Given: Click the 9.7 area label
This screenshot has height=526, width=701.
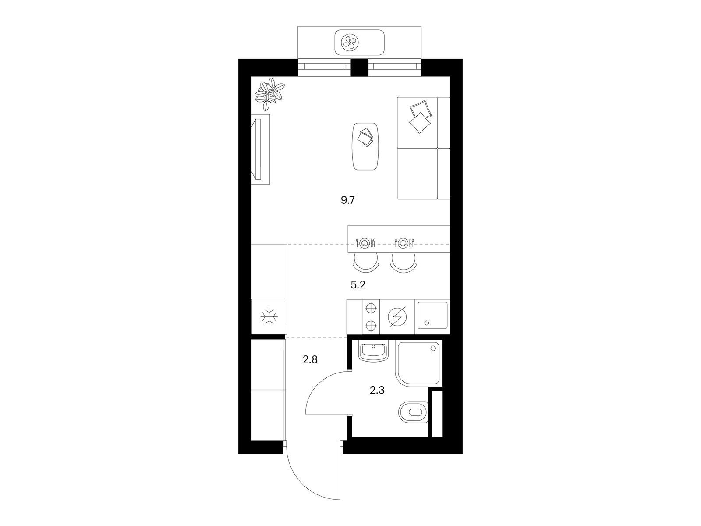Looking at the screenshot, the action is (348, 200).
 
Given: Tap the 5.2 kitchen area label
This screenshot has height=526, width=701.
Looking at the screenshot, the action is (358, 284).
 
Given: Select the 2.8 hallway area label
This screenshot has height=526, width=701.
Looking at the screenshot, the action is (310, 359).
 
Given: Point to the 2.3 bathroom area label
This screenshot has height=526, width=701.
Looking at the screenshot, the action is (377, 390).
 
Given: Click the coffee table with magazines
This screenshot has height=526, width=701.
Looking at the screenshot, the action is (365, 146).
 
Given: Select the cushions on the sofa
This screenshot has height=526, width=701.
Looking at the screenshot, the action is (420, 116).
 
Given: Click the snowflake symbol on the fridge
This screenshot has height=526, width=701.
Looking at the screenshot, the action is (269, 316).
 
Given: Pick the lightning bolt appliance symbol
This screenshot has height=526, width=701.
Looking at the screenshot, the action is (397, 317).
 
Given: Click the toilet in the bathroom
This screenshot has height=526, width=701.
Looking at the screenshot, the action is (413, 412).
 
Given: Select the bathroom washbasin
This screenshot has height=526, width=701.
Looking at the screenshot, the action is (373, 352).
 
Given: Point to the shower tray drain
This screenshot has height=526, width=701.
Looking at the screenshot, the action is (433, 348).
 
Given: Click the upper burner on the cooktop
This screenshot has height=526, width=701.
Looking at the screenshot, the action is (370, 308).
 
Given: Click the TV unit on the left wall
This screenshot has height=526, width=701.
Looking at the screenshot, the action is (261, 149).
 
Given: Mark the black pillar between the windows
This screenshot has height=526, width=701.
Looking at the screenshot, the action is (360, 68).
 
